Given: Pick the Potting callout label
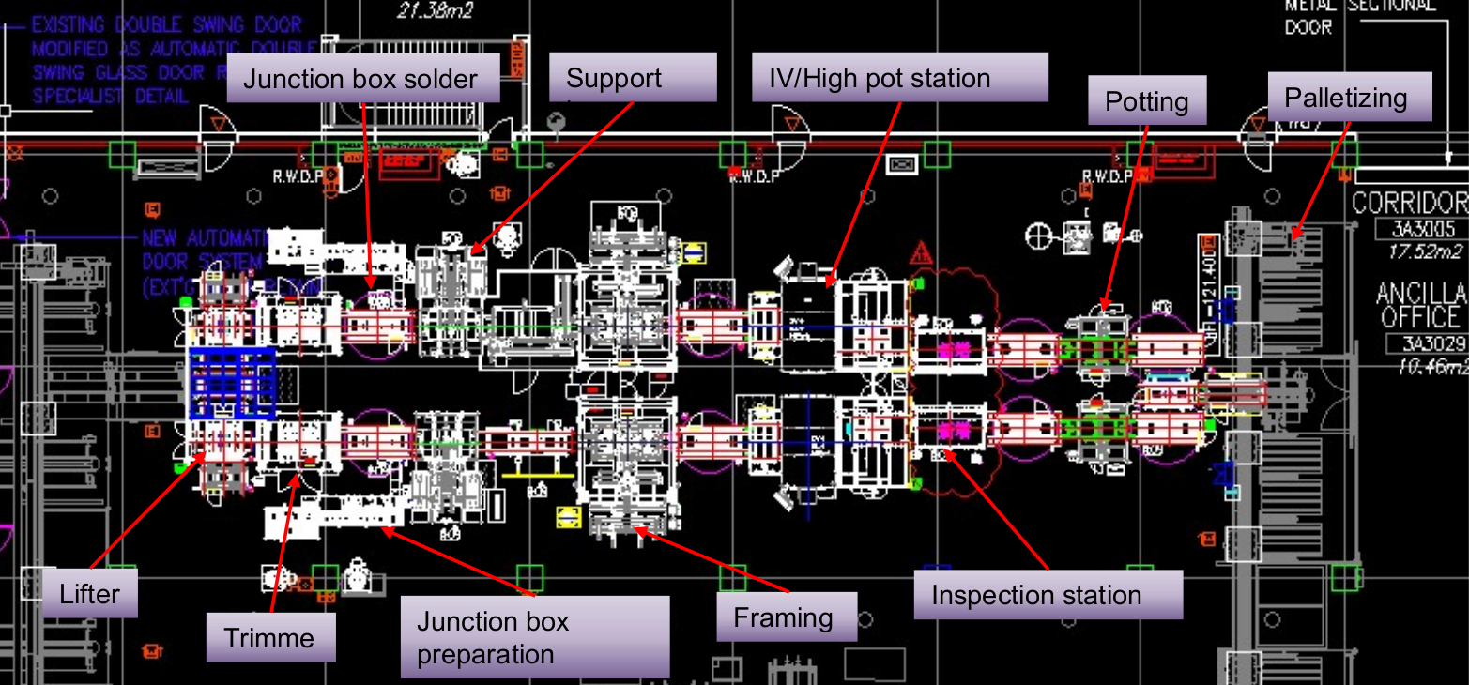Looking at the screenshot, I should tap(1146, 101).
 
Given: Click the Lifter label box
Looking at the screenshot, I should tap(90, 593).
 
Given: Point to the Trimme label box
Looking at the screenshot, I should tap(269, 638).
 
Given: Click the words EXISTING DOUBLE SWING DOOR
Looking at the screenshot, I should tap(166, 25).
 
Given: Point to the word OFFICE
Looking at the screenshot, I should tap(1421, 317).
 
